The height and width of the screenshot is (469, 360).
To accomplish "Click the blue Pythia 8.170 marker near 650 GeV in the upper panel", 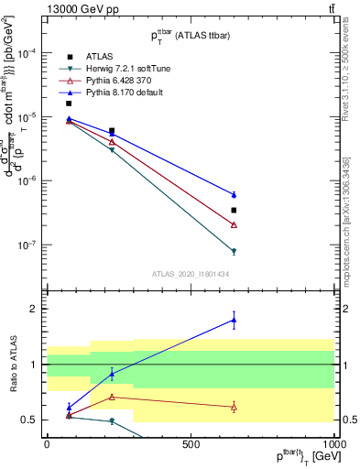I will click(235, 194).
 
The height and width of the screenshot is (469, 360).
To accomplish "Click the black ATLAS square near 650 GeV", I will click(235, 210).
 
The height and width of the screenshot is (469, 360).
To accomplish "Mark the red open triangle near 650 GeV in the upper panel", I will click(235, 224).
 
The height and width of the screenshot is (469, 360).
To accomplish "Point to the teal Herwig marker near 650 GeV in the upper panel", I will click(235, 251).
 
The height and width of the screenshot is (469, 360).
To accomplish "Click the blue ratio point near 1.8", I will click(235, 320).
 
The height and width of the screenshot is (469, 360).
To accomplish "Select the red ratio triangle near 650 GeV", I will click(235, 407).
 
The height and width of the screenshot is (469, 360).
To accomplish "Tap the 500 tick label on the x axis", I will click(191, 443).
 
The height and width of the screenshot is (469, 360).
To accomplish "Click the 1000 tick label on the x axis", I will click(334, 443).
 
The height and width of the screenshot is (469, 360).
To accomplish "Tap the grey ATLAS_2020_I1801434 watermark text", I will click(190, 274).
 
